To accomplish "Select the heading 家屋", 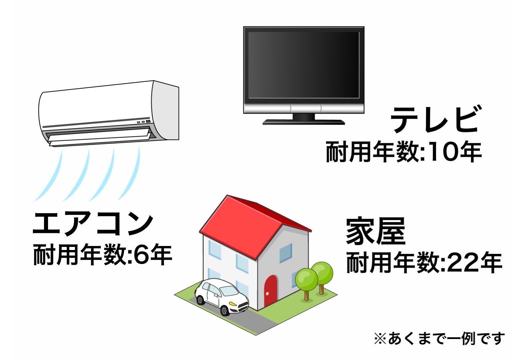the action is pos(376,231).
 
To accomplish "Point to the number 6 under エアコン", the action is pos(141,255).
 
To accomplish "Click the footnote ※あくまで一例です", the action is pos(439,338).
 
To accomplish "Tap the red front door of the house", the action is pos(270,291).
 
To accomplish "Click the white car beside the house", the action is pos(221,296).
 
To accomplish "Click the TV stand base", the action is pos(304,122).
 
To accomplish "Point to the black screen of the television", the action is pos(304,65).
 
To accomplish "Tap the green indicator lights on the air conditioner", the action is pos(140,122).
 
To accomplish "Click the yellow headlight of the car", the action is pos(233,304).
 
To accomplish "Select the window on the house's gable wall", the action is pos(286,253).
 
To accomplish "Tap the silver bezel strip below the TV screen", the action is pos(304,109).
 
